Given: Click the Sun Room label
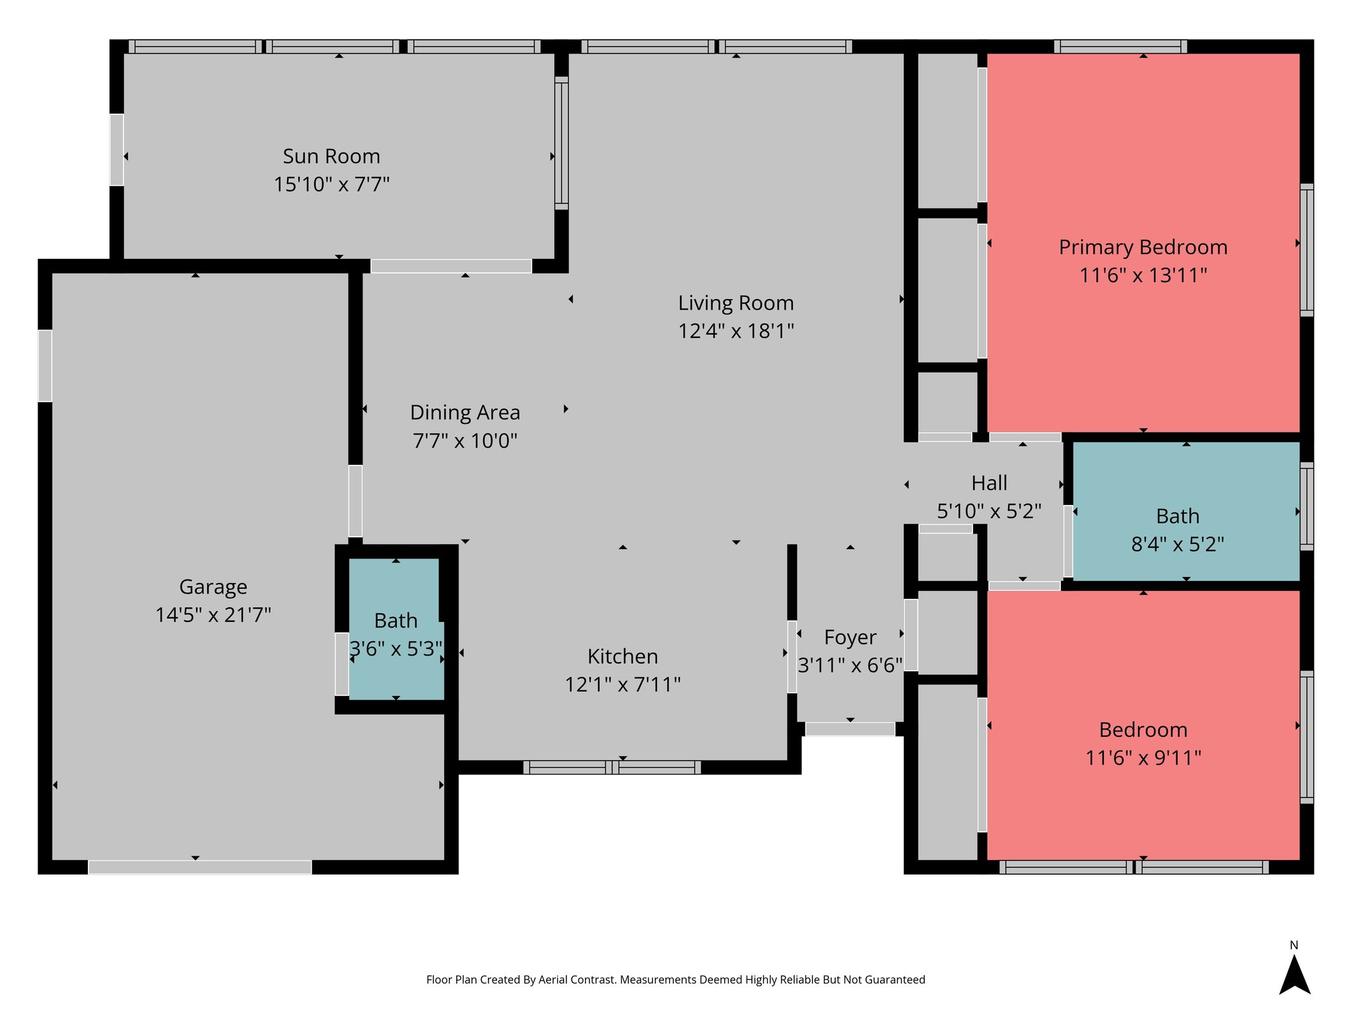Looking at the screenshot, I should (x=331, y=156).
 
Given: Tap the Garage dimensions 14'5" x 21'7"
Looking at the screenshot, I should (x=213, y=615).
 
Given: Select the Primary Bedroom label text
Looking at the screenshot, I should (x=1143, y=248).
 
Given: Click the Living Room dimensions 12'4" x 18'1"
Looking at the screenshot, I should (x=735, y=331).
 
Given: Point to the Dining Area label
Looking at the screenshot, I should (x=465, y=413).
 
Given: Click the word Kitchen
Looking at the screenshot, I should (x=623, y=657).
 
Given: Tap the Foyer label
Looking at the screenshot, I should (x=850, y=638).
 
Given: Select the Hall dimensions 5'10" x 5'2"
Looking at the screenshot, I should (x=989, y=511).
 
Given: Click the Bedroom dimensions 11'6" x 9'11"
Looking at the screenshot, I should (x=1143, y=758).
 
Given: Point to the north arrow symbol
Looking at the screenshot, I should (x=1294, y=976).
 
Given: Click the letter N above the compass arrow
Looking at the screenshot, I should (x=1294, y=945).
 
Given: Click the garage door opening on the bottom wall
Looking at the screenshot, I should (x=199, y=867).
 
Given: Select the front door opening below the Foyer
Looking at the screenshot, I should (x=850, y=729).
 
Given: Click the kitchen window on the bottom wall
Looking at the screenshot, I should (x=612, y=767).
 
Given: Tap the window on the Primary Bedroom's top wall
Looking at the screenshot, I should (x=1120, y=46).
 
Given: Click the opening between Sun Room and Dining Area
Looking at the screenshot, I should (x=451, y=266).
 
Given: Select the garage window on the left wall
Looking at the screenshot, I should (x=45, y=366).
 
